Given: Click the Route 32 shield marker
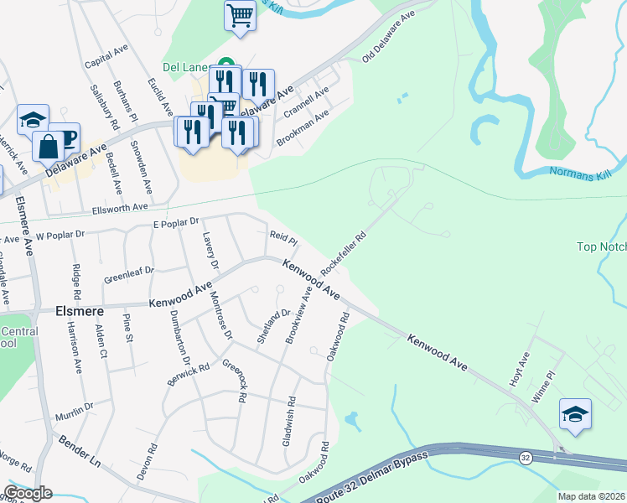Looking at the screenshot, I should point(525,458).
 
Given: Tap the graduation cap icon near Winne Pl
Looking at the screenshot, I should point(575,414).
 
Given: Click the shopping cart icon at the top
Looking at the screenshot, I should point(241,15).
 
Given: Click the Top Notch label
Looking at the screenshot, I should point(601,246).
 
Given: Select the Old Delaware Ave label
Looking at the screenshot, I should point(389,37).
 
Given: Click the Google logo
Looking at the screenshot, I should point(28,494).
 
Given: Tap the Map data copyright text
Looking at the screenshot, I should point(592,496).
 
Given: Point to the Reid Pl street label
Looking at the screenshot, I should point(279,236).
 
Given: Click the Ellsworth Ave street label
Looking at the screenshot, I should point(121,206).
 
